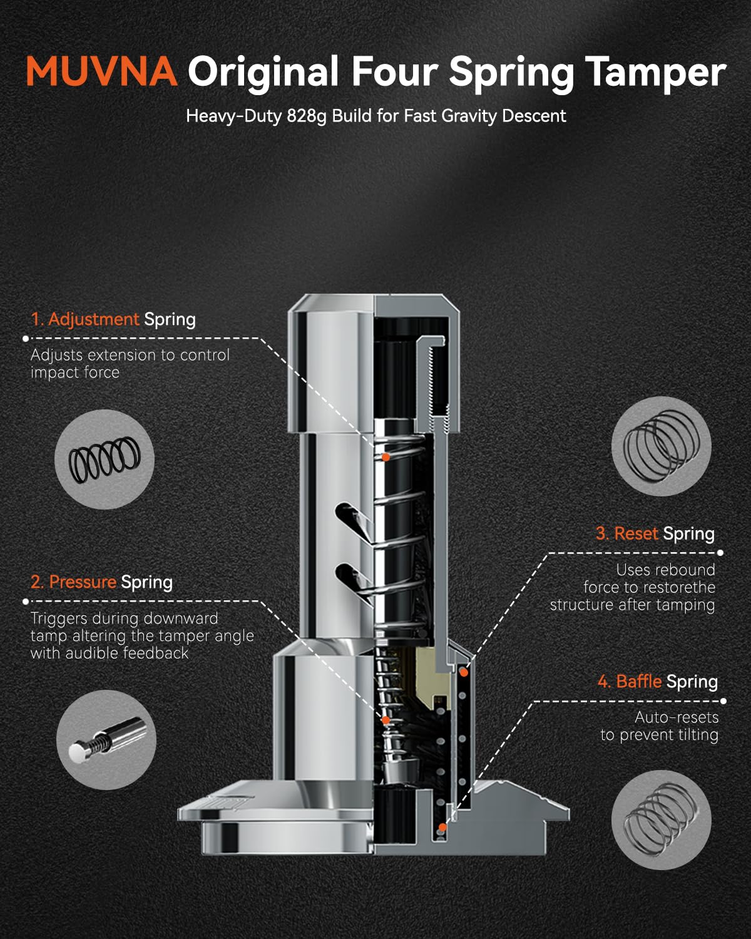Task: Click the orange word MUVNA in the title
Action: coord(101,71)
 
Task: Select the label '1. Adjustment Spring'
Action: coord(113,319)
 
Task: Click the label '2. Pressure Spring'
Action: coord(101,582)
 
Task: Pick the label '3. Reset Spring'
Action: coord(655,533)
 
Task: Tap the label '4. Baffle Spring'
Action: coord(658,681)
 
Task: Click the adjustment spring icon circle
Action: coord(105,459)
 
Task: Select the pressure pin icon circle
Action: coord(106,739)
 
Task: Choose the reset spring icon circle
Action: coord(661,446)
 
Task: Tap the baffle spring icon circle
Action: coord(661,820)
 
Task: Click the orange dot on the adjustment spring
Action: coord(386,457)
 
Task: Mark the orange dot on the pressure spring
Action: coord(386,720)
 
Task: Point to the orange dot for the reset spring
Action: coord(464,673)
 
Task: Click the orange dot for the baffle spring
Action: coord(442,828)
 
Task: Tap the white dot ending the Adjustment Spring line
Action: coord(26,339)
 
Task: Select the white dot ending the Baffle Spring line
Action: coord(723,701)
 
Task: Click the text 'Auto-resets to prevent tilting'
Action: coord(660,726)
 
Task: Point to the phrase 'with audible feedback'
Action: coord(109,653)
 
